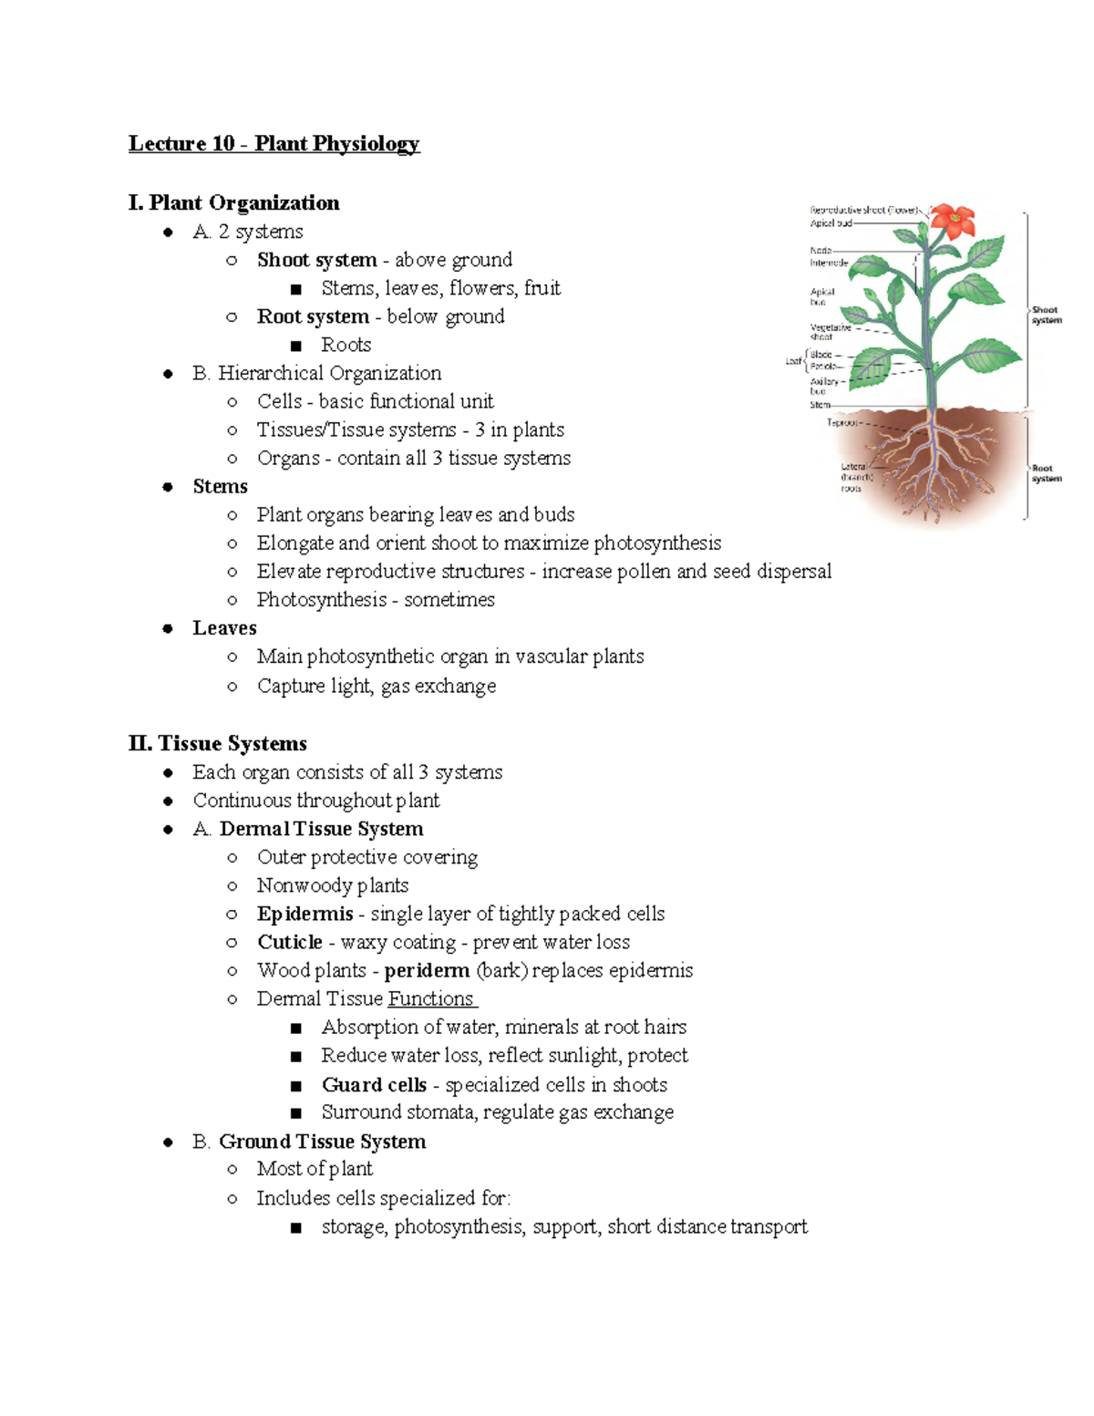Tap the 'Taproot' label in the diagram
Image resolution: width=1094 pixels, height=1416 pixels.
click(841, 422)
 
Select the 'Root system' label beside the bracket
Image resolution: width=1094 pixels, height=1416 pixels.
click(1046, 473)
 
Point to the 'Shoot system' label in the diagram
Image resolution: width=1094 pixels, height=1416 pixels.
click(1046, 315)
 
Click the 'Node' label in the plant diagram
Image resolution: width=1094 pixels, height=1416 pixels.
click(820, 250)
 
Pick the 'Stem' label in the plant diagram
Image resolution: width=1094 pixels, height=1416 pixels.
click(820, 405)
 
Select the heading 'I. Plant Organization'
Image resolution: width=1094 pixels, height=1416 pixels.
click(234, 202)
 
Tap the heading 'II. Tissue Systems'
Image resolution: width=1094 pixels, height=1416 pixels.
click(218, 743)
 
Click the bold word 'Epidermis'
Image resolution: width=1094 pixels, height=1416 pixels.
click(304, 914)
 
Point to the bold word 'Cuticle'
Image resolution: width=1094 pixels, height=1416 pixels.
click(290, 942)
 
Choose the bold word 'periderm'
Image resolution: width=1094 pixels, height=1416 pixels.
click(427, 970)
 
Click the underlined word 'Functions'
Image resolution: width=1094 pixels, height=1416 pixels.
click(430, 998)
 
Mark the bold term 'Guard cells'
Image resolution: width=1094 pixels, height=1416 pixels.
click(374, 1084)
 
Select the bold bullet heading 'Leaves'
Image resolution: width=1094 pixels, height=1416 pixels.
click(224, 628)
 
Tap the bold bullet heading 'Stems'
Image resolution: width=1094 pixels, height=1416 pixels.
click(220, 486)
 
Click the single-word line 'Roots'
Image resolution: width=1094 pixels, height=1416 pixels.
click(346, 345)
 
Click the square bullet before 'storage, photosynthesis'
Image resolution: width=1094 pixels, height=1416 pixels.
click(295, 1228)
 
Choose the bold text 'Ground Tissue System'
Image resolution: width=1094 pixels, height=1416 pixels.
click(322, 1142)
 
